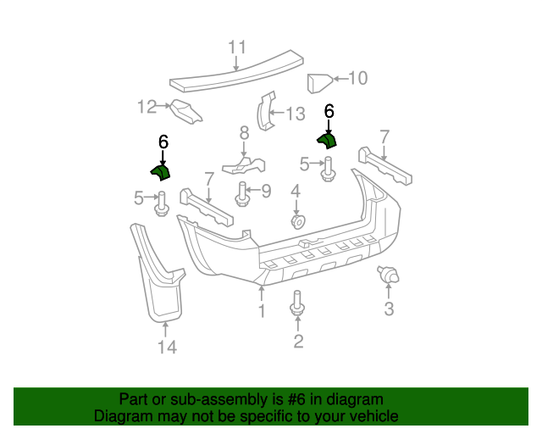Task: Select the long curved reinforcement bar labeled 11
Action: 237,76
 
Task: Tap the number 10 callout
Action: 357,79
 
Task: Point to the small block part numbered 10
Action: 318,83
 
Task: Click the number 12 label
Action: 147,106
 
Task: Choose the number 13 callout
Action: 294,114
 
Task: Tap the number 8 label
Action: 244,132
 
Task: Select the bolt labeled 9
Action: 241,195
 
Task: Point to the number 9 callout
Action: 265,191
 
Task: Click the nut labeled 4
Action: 296,222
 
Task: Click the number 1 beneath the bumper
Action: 262,312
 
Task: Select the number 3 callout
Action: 390,309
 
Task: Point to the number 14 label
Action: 167,347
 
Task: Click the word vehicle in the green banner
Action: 369,416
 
